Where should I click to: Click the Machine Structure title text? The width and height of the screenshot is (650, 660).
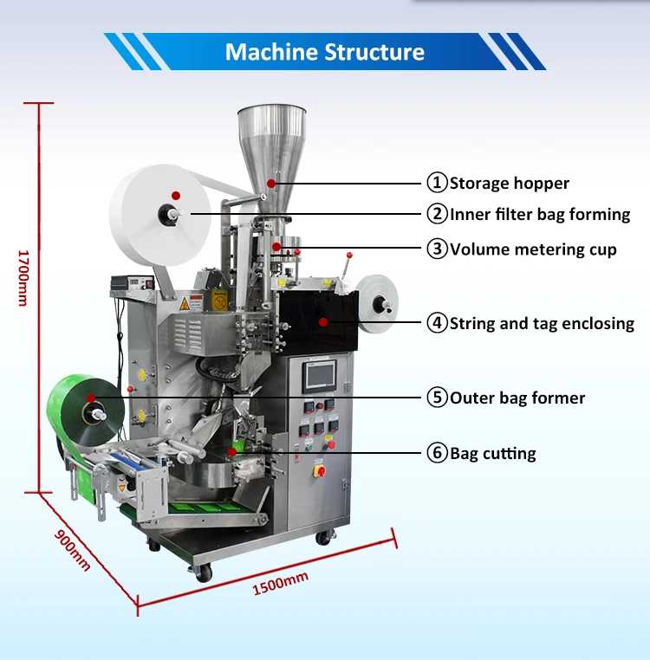tap(325, 52)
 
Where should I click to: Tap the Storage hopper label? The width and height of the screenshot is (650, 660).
tap(510, 183)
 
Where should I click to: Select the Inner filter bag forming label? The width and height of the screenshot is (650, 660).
tap(540, 214)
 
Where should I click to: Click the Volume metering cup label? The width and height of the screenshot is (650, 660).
tap(533, 249)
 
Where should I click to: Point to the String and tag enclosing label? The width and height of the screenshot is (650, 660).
tap(542, 324)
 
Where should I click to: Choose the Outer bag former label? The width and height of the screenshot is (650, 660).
tap(517, 398)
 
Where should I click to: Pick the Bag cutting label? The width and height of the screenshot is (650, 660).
tap(492, 453)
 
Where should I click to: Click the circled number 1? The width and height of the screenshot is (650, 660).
tap(437, 183)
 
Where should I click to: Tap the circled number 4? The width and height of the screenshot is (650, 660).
tap(437, 324)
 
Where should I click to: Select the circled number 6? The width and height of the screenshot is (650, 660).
tap(437, 453)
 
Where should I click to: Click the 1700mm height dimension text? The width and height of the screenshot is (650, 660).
tap(23, 277)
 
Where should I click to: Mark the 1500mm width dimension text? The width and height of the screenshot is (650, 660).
tap(279, 583)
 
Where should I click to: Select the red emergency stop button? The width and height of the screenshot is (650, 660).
tap(318, 470)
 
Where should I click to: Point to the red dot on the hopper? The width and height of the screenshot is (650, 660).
tap(271, 183)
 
